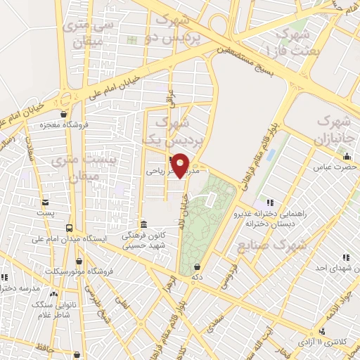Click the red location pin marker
181,165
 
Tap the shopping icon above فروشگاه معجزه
65,115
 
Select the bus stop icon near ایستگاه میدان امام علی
69,228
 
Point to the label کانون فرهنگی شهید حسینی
143,241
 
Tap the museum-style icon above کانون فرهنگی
143,224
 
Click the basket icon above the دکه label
197,266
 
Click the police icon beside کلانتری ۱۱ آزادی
323,330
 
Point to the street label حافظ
27,347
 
